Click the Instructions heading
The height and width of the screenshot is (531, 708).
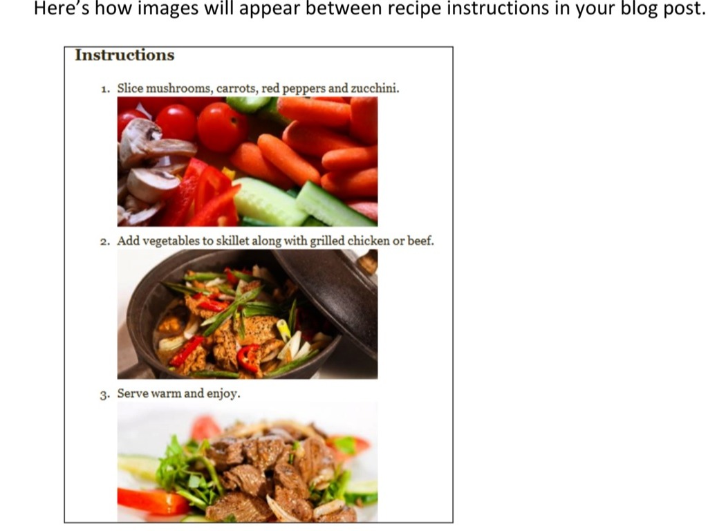pos(124,55)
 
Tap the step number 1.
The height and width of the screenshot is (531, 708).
pos(105,88)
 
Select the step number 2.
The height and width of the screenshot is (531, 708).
pos(105,241)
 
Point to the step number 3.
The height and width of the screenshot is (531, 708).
pos(105,395)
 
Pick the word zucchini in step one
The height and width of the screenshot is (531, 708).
pos(375,88)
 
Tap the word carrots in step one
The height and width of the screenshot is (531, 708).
pos(237,88)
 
